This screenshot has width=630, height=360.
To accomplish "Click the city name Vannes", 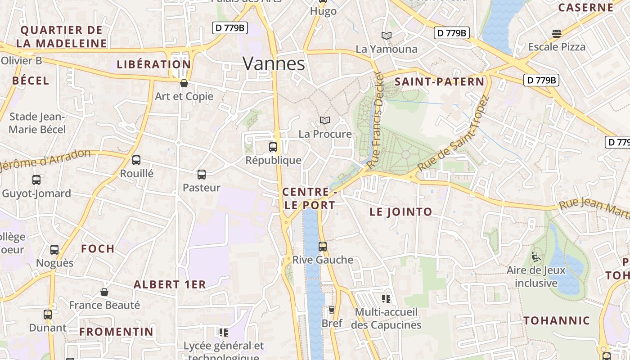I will point(274,63).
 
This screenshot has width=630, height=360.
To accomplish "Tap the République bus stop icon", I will point(273,147).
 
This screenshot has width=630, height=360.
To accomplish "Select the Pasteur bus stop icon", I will point(202,174).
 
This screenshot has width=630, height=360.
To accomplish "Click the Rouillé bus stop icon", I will point(136,160).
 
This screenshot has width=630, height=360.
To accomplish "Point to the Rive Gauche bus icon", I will point(323,246).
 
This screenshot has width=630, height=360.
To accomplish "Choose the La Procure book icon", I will point(325,120).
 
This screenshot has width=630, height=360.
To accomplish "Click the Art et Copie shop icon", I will point(184,83).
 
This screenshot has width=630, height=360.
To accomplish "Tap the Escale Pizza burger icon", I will point(557,33).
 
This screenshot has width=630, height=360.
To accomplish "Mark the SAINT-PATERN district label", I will point(439,82).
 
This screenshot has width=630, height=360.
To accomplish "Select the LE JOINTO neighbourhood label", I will point(400,212).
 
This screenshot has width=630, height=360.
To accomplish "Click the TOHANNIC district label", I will point(557,321).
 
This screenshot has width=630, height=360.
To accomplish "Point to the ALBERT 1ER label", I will point(170,284).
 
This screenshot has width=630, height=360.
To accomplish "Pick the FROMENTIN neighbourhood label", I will point(117,332).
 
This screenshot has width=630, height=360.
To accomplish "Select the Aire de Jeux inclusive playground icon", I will point(536,257).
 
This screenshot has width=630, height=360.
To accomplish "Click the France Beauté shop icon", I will point(104,292).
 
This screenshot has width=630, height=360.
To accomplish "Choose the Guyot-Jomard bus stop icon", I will point(36,180).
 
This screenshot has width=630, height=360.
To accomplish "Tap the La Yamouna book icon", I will point(386,36).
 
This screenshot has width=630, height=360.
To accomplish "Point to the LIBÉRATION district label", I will point(154,64).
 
